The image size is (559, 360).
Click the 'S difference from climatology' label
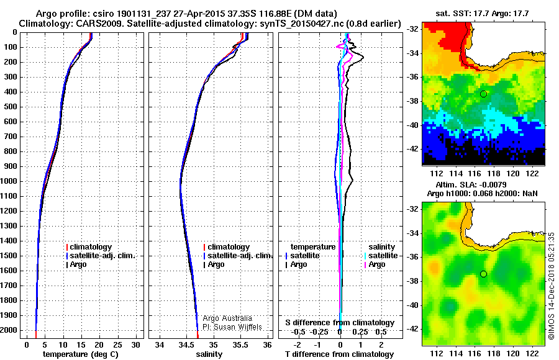[340, 323]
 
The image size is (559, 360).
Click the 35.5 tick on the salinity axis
[240, 344]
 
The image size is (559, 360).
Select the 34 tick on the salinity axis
[160, 344]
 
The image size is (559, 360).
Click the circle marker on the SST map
[484, 94]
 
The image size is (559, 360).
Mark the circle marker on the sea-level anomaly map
[484, 274]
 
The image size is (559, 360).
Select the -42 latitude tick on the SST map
[413, 149]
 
